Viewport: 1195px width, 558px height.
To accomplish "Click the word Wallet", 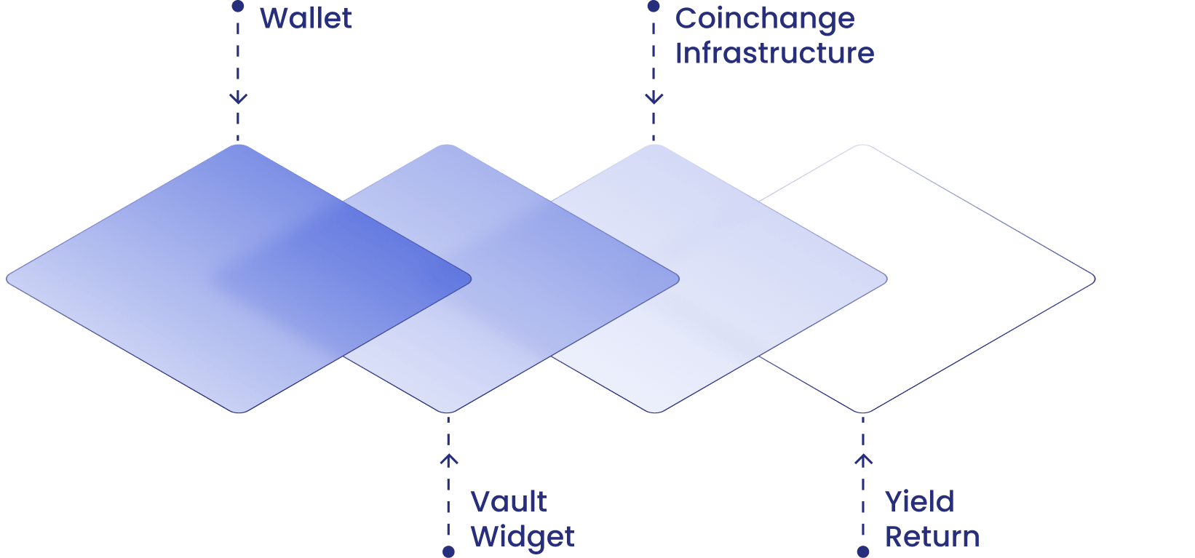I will [x=306, y=18].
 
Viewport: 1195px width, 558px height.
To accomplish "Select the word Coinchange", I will [x=764, y=19].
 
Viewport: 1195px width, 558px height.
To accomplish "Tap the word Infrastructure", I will [x=774, y=53].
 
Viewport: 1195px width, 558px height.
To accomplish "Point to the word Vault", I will [x=508, y=502].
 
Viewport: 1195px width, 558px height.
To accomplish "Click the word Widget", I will [x=522, y=537].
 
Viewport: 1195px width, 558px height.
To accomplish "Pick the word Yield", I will [x=919, y=502].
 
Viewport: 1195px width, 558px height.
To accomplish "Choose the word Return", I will [x=932, y=537].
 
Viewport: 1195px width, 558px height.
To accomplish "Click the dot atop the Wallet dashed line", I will [x=238, y=7].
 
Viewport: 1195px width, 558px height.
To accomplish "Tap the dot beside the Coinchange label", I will [x=654, y=7].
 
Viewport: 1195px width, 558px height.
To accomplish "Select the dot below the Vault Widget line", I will [x=448, y=551].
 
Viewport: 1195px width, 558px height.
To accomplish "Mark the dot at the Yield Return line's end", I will [x=863, y=551].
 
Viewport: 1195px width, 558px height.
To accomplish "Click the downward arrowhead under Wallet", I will [x=238, y=97].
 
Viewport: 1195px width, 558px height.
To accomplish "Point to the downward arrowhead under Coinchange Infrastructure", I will [x=654, y=97].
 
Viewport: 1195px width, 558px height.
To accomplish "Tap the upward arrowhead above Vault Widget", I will [x=448, y=460].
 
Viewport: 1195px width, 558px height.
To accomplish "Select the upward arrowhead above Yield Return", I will [x=863, y=460].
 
